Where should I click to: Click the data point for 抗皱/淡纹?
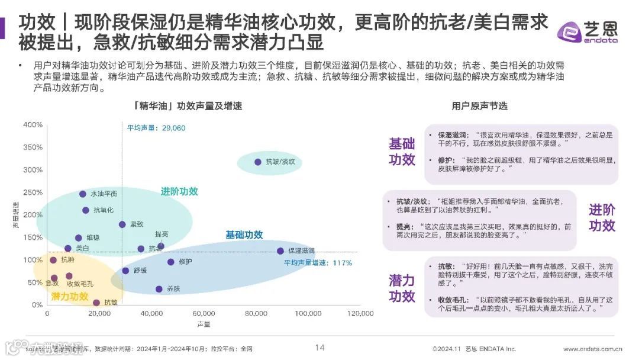tap(258, 162)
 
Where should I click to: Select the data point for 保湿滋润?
tap(280, 251)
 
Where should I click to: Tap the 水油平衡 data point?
tap(83, 194)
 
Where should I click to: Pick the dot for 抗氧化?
tap(86, 210)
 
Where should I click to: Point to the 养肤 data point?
tap(159, 289)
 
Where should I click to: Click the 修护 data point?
tap(171, 262)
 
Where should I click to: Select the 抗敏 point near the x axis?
tap(96, 303)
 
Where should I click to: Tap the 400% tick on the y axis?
tap(33, 125)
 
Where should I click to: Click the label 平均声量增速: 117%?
tap(318, 263)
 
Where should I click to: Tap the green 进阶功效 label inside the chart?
tap(179, 192)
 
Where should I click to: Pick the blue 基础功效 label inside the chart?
tap(244, 235)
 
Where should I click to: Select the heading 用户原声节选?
tap(479, 106)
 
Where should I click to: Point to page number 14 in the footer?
tap(319, 348)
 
